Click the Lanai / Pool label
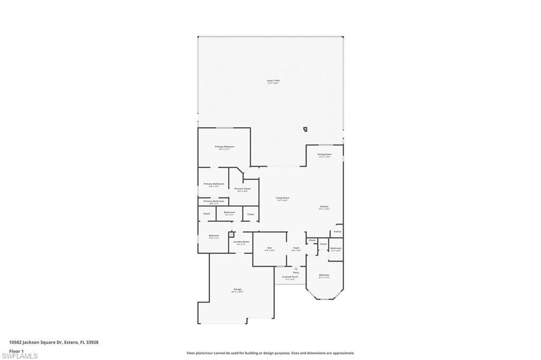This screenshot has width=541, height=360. [273, 81]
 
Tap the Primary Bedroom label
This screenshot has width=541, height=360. [224, 146]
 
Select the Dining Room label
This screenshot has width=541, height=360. [324, 154]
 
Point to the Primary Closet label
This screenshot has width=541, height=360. [242, 188]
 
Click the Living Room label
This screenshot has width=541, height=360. [283, 198]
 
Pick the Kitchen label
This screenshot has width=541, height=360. [324, 206]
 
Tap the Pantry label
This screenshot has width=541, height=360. [337, 231]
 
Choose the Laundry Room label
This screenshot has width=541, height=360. [242, 242]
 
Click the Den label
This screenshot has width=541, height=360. [269, 248]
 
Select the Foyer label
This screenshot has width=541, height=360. [296, 248]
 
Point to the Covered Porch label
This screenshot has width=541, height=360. [290, 277]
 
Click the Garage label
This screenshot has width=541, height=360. [237, 289]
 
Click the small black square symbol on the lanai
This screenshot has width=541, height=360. [305, 128]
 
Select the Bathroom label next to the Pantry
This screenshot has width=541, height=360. [336, 248]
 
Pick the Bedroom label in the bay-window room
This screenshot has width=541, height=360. [324, 275]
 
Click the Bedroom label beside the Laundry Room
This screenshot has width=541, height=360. [213, 235]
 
